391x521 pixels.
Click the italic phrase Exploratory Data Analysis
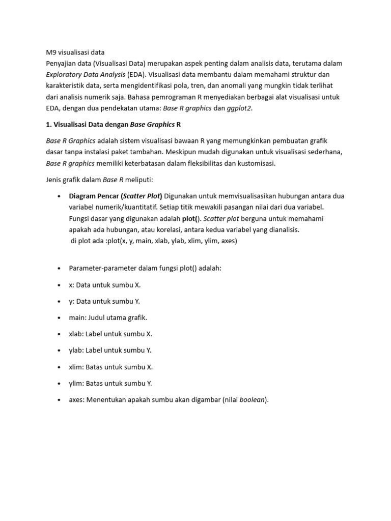coord(82,74)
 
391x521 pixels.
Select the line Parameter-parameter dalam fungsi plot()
coord(145,268)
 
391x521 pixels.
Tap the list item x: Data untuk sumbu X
coord(104,284)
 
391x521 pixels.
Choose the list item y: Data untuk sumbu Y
coord(104,301)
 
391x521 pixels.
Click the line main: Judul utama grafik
coord(108,317)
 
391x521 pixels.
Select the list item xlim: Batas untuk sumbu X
coord(110,367)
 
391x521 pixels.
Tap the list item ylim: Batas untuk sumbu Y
coord(110,383)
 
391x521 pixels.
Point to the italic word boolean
coord(253,400)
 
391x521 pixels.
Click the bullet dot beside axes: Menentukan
coord(60,400)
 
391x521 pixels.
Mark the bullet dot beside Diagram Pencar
coord(60,196)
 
